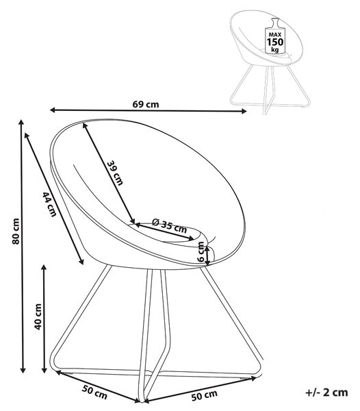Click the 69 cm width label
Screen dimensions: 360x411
point(146,104)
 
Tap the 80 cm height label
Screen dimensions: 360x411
point(16,232)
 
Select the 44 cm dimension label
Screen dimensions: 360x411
point(49,204)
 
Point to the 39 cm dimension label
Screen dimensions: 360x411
point(115,173)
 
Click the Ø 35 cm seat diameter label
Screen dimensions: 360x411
point(170,227)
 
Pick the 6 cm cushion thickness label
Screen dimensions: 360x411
point(201,252)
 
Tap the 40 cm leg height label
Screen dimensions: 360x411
point(38,316)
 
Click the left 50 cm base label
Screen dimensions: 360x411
point(94,392)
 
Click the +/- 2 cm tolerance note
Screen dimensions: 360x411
point(326,393)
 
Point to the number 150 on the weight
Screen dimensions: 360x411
point(275,42)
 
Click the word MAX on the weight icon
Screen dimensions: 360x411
point(275,35)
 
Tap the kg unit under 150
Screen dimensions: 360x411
point(275,49)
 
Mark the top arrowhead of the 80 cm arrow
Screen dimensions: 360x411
point(21,123)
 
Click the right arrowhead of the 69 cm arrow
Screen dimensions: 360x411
point(244,112)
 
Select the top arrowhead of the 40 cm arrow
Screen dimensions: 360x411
point(44,267)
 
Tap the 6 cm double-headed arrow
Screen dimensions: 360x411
point(207,256)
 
